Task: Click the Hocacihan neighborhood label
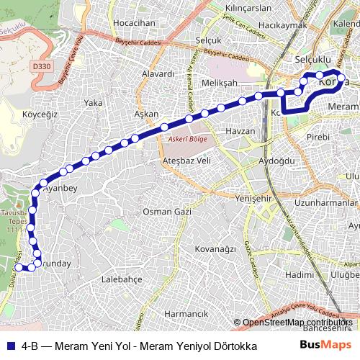tap(135, 23)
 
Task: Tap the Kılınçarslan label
tap(248, 8)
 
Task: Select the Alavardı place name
tap(158, 73)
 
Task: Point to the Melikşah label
tap(220, 84)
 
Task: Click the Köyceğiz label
tap(40, 114)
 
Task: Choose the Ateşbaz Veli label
tap(186, 160)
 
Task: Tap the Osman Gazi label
tap(166, 212)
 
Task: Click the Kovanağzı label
tap(215, 248)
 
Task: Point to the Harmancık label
tap(186, 314)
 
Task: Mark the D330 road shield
tap(42, 67)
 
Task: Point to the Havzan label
tap(240, 131)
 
